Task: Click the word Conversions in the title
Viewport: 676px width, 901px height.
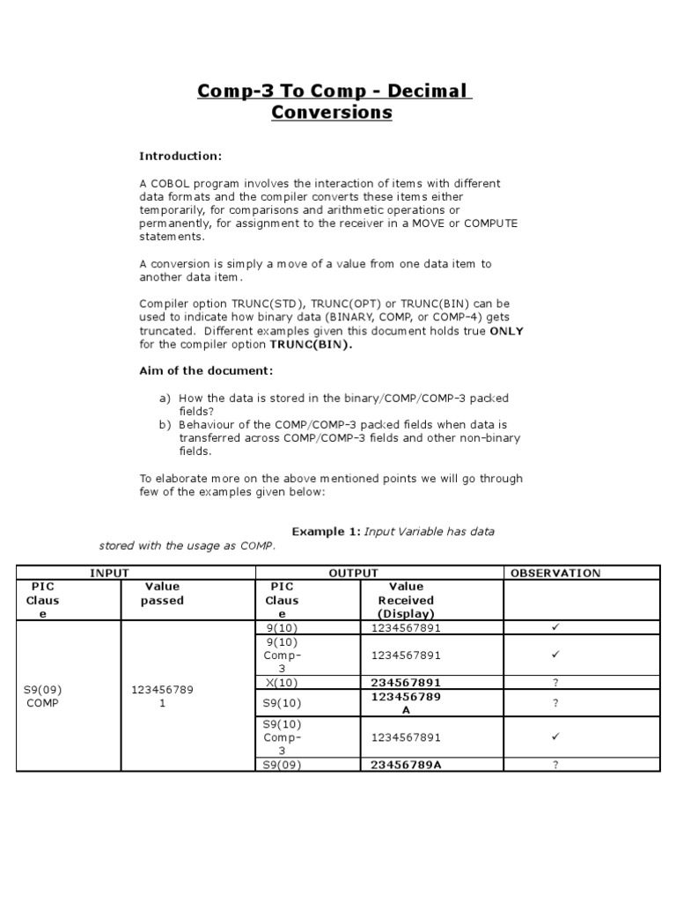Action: point(332,113)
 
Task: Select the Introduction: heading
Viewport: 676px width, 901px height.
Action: point(180,156)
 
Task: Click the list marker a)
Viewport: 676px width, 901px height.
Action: point(165,398)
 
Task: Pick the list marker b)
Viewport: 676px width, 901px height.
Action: point(165,424)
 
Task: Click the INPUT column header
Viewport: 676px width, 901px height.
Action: point(109,573)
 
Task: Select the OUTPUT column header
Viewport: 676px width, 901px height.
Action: point(353,573)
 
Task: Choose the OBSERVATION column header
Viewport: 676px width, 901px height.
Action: point(555,573)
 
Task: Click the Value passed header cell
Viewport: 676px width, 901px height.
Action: point(162,593)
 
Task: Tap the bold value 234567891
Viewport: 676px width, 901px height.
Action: point(406,682)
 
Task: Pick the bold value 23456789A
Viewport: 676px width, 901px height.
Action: point(406,765)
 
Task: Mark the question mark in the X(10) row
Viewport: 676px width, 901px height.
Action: point(555,682)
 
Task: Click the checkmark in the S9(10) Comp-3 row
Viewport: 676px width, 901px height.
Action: point(555,736)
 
